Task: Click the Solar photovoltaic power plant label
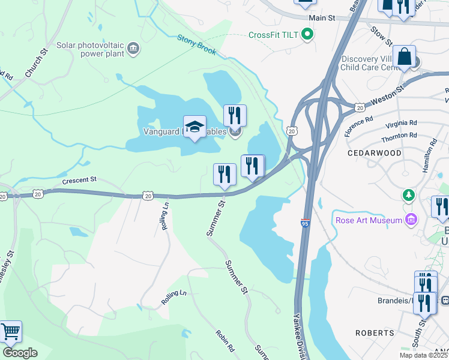[x=90, y=49]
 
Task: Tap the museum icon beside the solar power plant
[x=134, y=49]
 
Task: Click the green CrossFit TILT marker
[x=308, y=35]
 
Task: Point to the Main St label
[x=322, y=18]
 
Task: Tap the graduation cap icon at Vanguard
[x=194, y=126]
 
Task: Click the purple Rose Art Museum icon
[x=410, y=220]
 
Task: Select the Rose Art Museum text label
[x=369, y=220]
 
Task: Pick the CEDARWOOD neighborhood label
[x=375, y=153]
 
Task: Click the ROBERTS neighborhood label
[x=375, y=332]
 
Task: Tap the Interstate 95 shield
[x=306, y=223]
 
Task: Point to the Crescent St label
[x=79, y=179]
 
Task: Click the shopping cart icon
[x=10, y=331]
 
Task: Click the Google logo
[x=20, y=353]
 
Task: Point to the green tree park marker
[x=409, y=195]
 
